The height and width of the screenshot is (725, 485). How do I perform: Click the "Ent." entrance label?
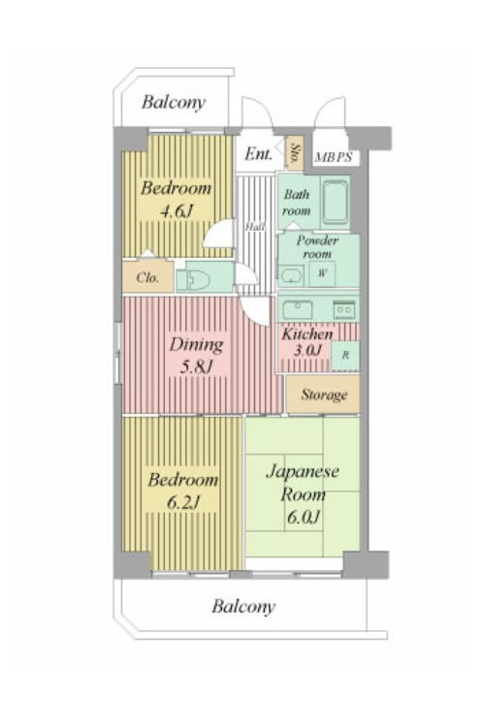(x=258, y=153)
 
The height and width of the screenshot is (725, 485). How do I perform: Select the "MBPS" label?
(x=334, y=157)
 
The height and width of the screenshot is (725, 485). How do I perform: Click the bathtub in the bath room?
(x=335, y=202)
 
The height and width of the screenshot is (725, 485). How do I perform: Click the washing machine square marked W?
(x=322, y=273)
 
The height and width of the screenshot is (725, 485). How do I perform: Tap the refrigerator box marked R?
(x=345, y=356)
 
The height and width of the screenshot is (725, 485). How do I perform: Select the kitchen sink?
(x=297, y=309)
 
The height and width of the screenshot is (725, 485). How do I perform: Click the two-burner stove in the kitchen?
(x=344, y=308)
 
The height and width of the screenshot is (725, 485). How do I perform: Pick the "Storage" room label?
(x=324, y=394)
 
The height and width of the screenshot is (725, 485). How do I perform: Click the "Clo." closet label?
(x=147, y=277)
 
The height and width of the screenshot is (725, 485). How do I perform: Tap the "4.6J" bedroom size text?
(x=176, y=211)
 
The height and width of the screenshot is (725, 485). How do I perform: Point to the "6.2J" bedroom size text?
(x=182, y=503)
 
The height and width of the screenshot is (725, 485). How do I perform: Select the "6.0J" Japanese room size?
(x=303, y=517)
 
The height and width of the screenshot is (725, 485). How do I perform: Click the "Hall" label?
(x=255, y=227)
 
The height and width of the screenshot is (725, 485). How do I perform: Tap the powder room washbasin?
(x=292, y=274)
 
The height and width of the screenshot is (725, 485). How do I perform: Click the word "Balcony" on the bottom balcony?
(x=243, y=607)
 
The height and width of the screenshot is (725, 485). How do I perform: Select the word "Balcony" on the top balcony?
(x=174, y=102)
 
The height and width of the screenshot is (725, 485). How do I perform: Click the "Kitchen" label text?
(x=307, y=333)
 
